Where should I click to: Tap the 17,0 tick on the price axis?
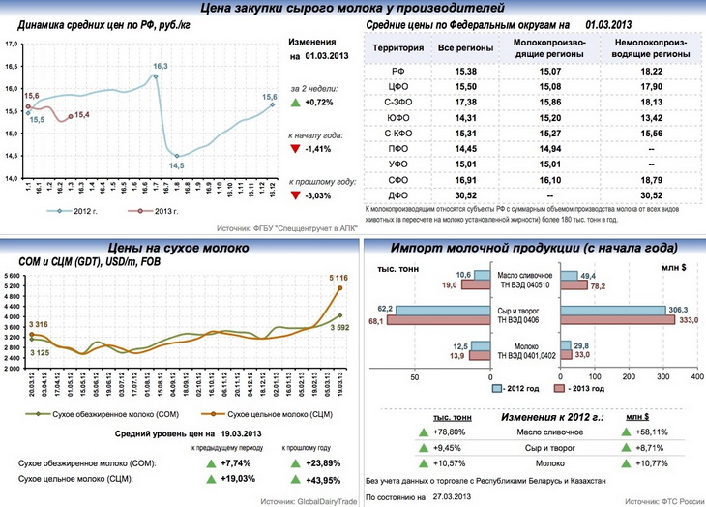(x=11, y=45)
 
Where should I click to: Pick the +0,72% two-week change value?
(x=318, y=102)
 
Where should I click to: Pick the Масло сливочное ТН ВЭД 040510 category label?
(x=522, y=280)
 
